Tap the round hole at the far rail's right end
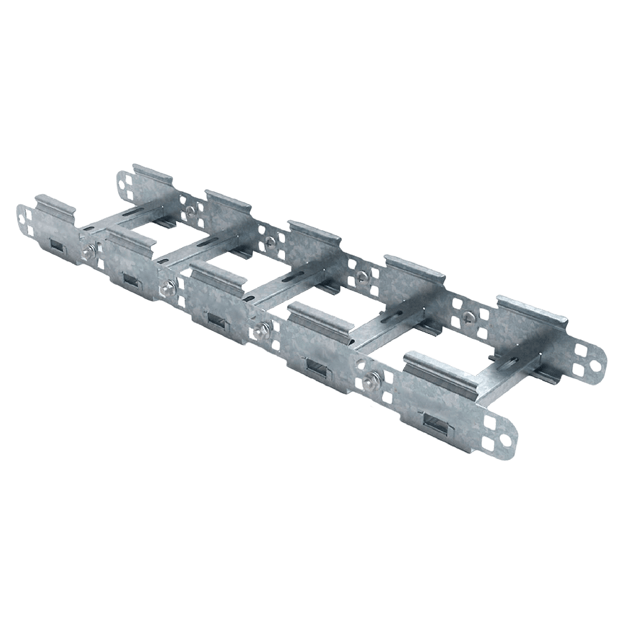point(594,367)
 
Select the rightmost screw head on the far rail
point(469,316)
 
